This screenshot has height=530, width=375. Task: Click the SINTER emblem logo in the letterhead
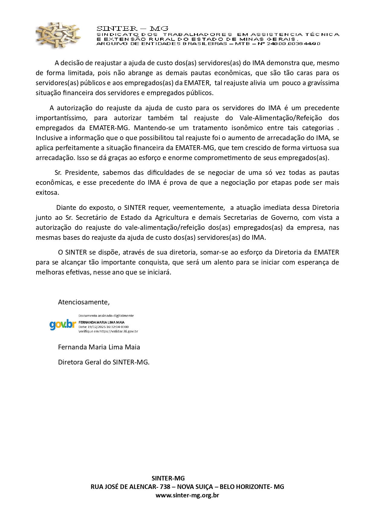tap(58, 35)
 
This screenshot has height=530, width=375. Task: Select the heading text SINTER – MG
tap(132, 29)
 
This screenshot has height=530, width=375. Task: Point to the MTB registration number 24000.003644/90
tap(293, 43)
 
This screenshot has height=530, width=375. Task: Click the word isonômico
tap(245, 128)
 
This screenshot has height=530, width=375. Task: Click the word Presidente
tap(82, 172)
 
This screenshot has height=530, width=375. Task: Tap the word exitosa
tap(47, 192)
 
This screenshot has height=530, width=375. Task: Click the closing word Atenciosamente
tap(83, 302)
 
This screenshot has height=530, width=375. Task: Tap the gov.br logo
tap(63, 324)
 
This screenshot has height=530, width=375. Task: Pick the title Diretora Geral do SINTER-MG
tap(103, 362)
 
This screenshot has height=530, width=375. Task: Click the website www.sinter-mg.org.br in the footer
tap(187, 495)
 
